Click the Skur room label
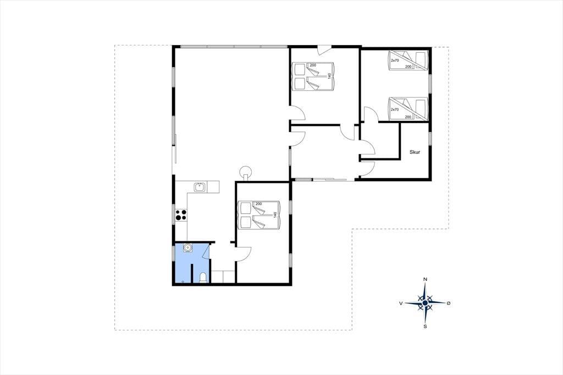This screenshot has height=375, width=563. (415, 152)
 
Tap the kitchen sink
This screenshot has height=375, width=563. (200, 187)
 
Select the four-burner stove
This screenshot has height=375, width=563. (181, 215)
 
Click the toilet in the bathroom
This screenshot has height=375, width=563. (203, 278)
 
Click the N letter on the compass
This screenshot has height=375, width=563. (425, 279)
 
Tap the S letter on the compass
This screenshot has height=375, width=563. (425, 327)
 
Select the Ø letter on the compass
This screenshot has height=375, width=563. (449, 303)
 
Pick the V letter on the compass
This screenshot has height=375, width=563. (401, 303)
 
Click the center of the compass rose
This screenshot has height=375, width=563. (425, 303)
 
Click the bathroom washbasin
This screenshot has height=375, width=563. (187, 248)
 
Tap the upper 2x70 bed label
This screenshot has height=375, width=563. (395, 60)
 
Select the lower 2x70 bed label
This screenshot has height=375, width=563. (395, 109)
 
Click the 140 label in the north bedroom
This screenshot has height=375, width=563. (329, 76)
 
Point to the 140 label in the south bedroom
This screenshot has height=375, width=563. (275, 215)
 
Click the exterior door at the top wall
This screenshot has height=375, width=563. (324, 49)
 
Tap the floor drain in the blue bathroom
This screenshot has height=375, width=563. (184, 282)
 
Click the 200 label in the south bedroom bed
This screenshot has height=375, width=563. (258, 204)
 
